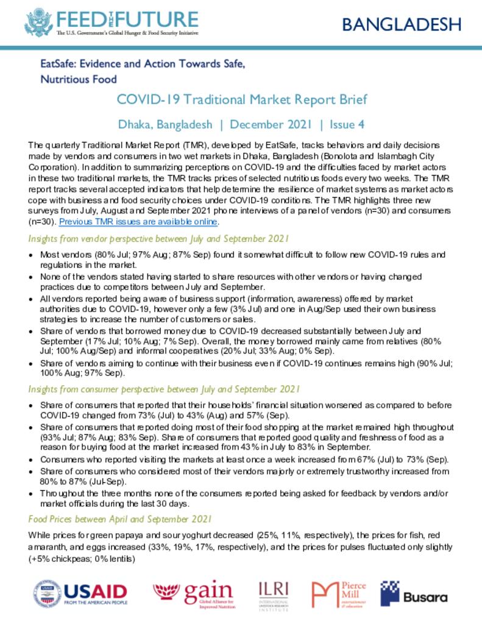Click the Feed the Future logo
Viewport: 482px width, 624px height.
click(112, 22)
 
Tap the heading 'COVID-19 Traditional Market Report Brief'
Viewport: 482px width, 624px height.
click(242, 99)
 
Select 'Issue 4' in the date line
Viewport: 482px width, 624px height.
click(346, 124)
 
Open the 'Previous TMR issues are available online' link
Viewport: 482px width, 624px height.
click(138, 222)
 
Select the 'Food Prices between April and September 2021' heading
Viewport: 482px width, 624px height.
click(120, 519)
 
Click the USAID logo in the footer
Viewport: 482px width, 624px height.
click(81, 593)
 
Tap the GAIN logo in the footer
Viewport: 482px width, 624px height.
click(193, 593)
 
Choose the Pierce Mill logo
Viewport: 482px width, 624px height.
click(339, 593)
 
